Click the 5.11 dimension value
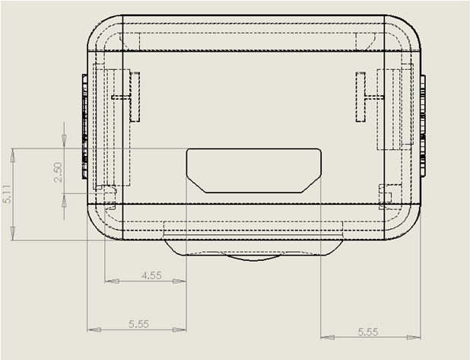[x=7, y=194]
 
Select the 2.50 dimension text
[x=58, y=172]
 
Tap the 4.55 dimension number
[x=151, y=276]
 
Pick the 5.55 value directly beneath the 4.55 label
[x=138, y=324]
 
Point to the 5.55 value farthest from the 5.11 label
[x=368, y=332]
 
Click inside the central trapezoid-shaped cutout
[x=253, y=170]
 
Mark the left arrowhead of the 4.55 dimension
[x=112, y=281]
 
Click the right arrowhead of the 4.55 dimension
[x=179, y=281]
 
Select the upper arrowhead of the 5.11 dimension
[x=13, y=155]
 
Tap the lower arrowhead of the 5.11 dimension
[x=13, y=233]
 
